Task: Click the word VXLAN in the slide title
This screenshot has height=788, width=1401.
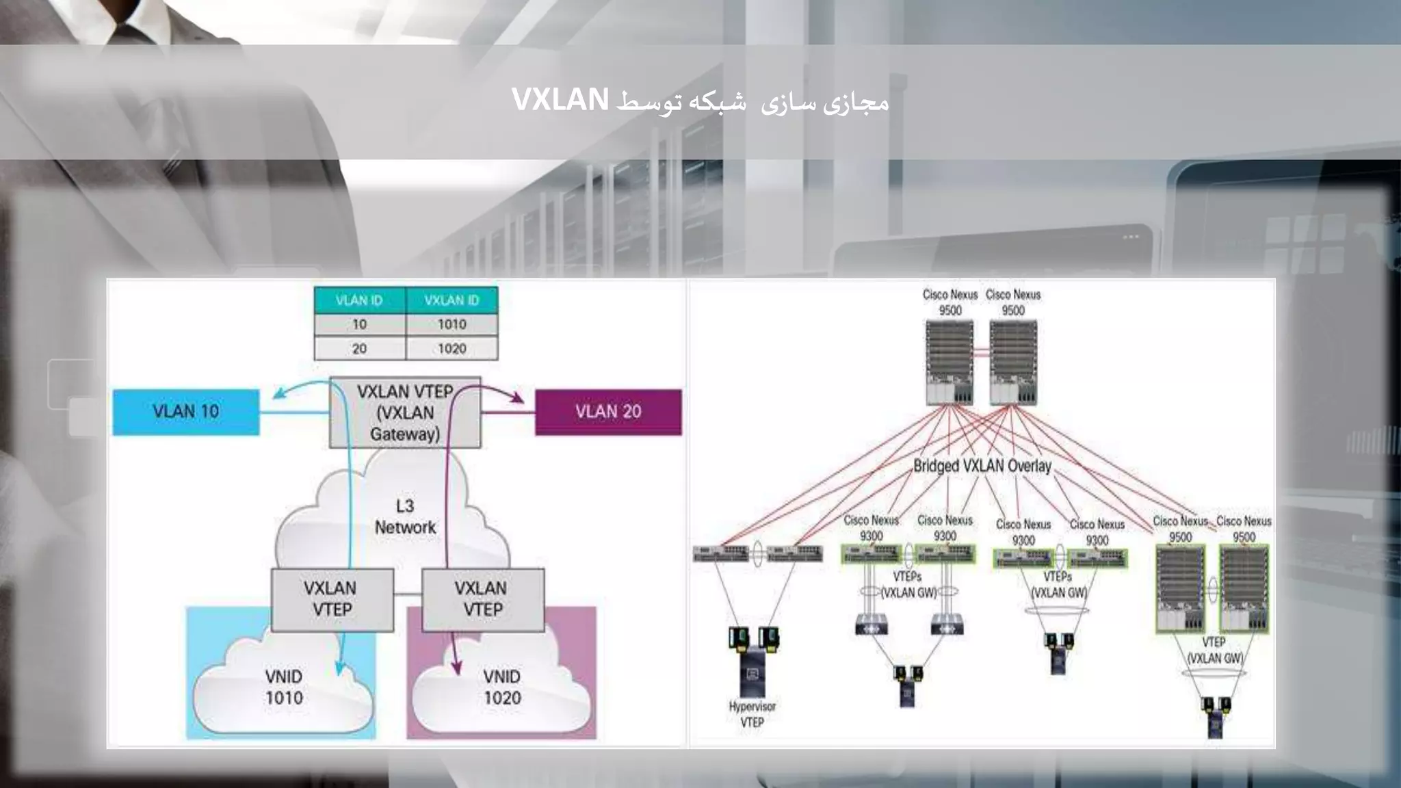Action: click(x=560, y=100)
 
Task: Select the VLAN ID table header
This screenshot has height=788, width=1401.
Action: click(x=359, y=300)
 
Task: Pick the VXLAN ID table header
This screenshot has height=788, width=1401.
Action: click(x=451, y=300)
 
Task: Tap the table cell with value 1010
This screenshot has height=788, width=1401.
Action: click(x=451, y=324)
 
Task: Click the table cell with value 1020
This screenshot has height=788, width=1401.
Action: click(x=451, y=349)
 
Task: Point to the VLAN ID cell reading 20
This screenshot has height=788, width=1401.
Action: click(x=359, y=349)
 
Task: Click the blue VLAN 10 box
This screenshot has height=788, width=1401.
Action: click(x=186, y=412)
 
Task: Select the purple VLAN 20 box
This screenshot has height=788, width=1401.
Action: click(x=608, y=412)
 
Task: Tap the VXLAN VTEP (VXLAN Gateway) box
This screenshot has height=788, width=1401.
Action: click(x=405, y=412)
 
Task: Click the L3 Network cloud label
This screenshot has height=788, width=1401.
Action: click(x=405, y=516)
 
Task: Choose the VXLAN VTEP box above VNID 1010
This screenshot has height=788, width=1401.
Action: click(x=332, y=599)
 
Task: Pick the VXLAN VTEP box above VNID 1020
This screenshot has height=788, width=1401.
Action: click(x=482, y=599)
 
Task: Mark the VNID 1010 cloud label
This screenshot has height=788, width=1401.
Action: click(x=284, y=687)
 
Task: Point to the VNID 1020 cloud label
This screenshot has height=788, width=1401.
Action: click(x=502, y=687)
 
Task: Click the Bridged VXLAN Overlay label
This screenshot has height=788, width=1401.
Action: click(x=982, y=466)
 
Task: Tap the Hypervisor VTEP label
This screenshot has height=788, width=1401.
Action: click(x=752, y=714)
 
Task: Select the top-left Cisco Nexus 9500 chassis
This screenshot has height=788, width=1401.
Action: click(x=950, y=363)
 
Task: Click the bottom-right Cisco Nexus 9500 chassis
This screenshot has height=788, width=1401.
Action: click(x=1244, y=588)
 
